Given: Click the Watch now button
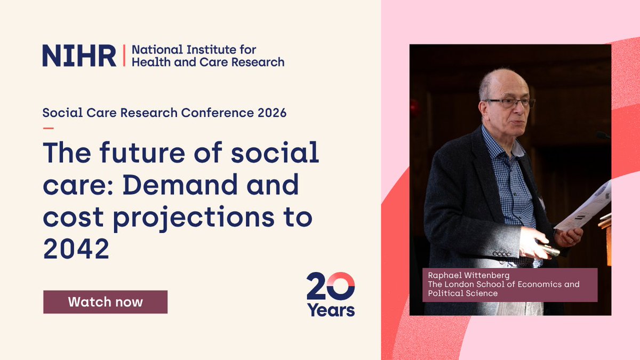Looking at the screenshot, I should pos(105,302).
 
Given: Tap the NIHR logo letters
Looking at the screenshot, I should pos(79,55).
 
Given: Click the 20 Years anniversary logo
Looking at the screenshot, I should pos(331,294).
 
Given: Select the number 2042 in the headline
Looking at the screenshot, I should pos(76,249).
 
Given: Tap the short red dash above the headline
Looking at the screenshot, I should pos(48,128).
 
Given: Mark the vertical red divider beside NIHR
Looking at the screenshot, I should pos(124,55).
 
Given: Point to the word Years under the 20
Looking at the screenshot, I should pos(331,309).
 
